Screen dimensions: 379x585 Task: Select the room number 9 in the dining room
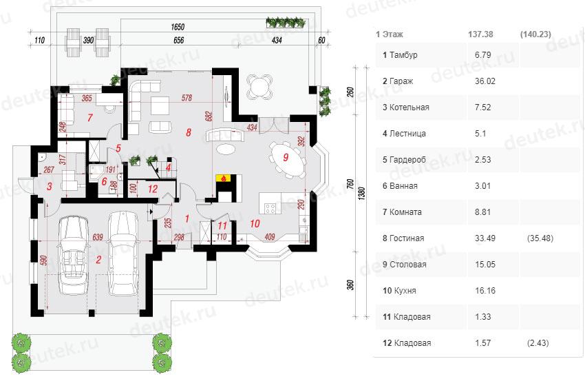coord(285,157)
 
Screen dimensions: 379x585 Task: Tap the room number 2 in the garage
coord(98,260)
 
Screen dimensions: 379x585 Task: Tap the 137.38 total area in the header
coord(481,33)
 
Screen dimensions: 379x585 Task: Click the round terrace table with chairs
coord(258,88)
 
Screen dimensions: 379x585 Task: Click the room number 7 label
coord(90,117)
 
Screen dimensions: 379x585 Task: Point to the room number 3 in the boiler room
coord(49,185)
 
